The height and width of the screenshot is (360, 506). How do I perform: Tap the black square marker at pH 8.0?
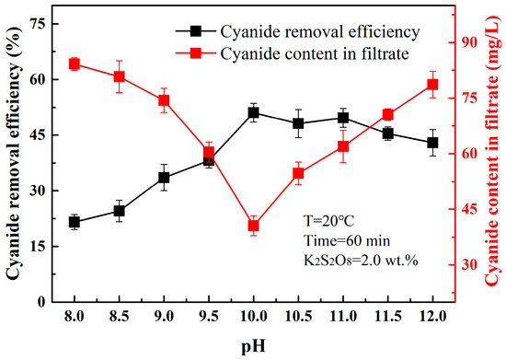click(x=74, y=222)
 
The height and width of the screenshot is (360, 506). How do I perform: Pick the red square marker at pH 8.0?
click(x=74, y=64)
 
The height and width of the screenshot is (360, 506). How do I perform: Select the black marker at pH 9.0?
click(x=164, y=177)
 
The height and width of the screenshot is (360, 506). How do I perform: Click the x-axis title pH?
click(x=252, y=347)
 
